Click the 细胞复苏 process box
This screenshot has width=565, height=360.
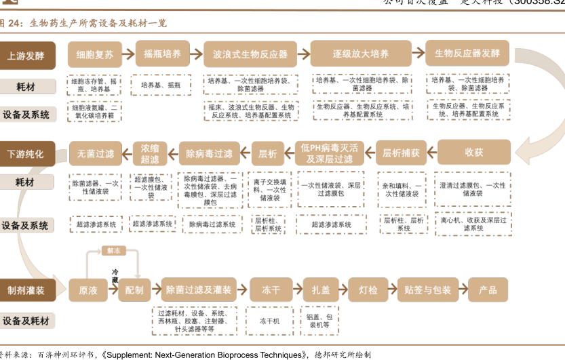(x=95, y=54)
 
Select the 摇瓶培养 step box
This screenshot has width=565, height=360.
(x=163, y=54)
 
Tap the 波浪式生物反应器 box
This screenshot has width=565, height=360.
(x=250, y=54)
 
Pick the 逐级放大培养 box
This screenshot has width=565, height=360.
(x=360, y=54)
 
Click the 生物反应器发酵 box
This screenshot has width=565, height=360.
(x=467, y=54)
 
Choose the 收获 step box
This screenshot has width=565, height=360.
(x=474, y=153)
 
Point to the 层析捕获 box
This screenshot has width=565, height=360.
(x=402, y=153)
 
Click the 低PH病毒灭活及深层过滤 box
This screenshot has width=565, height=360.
(x=330, y=153)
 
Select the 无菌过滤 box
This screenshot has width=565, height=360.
(x=96, y=153)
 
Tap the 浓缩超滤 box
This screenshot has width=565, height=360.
(x=150, y=153)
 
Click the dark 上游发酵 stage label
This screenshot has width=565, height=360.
(x=26, y=55)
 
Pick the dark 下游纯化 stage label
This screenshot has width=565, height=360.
(x=26, y=154)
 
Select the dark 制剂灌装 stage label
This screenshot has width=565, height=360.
(x=26, y=290)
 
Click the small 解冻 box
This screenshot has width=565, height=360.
(x=113, y=251)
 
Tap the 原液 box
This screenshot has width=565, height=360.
(x=88, y=290)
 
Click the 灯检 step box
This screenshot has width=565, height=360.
(x=368, y=290)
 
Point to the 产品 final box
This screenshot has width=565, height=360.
(x=488, y=290)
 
